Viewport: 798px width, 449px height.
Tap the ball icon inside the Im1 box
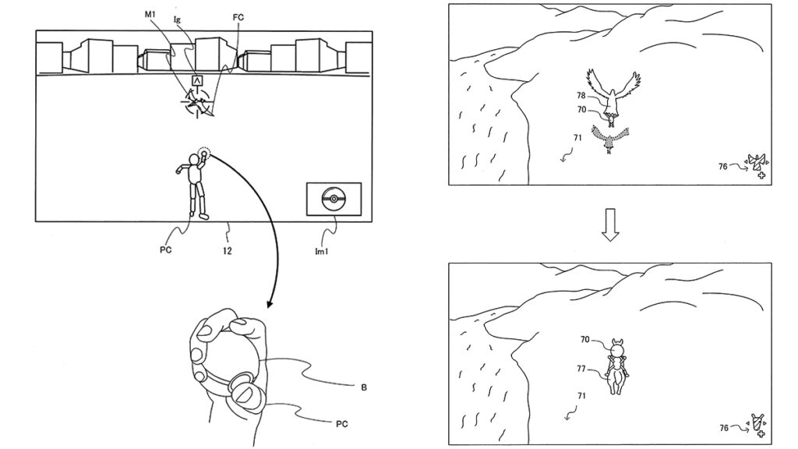pyautogui.click(x=333, y=199)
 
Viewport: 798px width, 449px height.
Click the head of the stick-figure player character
pyautogui.click(x=196, y=161)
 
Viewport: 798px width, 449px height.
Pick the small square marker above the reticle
pyautogui.click(x=197, y=80)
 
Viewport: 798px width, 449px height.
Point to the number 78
pyautogui.click(x=581, y=96)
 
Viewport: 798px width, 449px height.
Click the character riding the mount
pyautogui.click(x=618, y=365)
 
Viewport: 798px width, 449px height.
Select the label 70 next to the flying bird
pyautogui.click(x=581, y=110)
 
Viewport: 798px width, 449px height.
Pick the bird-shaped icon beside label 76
pyautogui.click(x=756, y=162)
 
